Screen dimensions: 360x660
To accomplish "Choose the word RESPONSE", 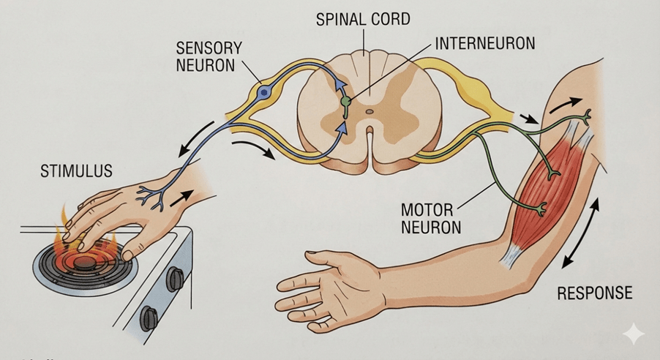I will [594, 293].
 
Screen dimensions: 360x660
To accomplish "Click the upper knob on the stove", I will [176, 277].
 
